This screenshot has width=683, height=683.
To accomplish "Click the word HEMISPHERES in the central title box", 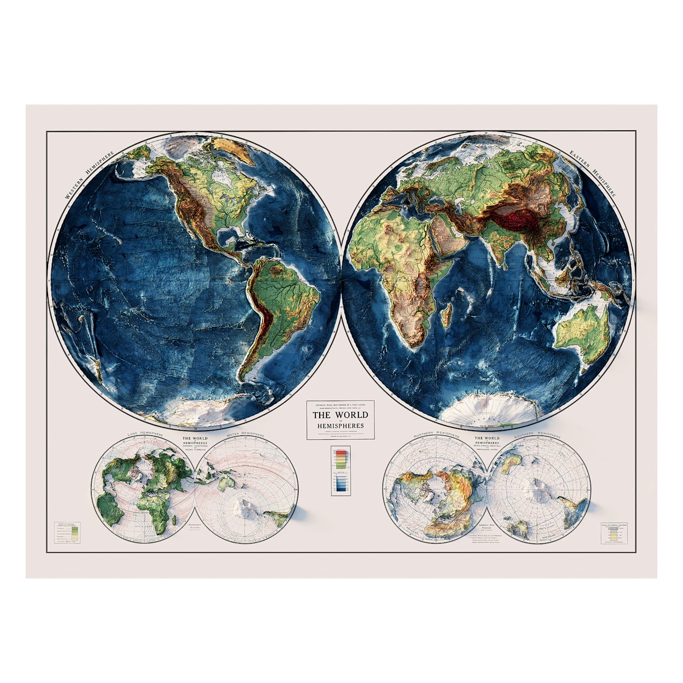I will tap(340, 426).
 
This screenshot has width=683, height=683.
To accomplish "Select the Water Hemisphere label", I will tap(246, 434).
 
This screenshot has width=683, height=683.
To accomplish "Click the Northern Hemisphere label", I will tap(436, 434).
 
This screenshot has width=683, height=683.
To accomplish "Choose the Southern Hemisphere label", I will tap(539, 434).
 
